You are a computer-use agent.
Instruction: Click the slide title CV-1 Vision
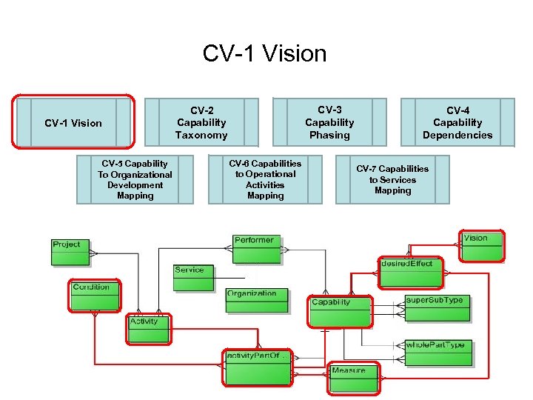point(264,54)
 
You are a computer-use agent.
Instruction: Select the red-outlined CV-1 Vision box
point(73,122)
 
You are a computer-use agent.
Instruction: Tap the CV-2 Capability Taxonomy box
point(201,122)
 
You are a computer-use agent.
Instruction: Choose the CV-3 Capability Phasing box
point(329,122)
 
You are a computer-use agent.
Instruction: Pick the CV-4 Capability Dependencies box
point(457,122)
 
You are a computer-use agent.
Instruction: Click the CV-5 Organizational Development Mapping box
point(135,179)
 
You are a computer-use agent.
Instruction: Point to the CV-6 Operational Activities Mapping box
point(265,179)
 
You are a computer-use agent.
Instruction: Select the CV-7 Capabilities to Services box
point(392,179)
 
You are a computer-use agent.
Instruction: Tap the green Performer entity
point(255,248)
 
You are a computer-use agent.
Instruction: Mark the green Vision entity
point(481,246)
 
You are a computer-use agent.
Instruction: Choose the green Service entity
point(193,278)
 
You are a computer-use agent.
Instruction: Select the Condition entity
point(95,296)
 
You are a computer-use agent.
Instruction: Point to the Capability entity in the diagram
point(340,310)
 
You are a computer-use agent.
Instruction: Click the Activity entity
point(149,329)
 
